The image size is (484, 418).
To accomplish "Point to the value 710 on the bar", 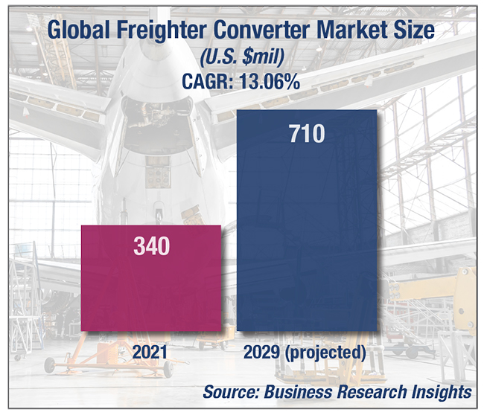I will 308,135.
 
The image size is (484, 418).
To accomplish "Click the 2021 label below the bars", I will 151,352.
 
